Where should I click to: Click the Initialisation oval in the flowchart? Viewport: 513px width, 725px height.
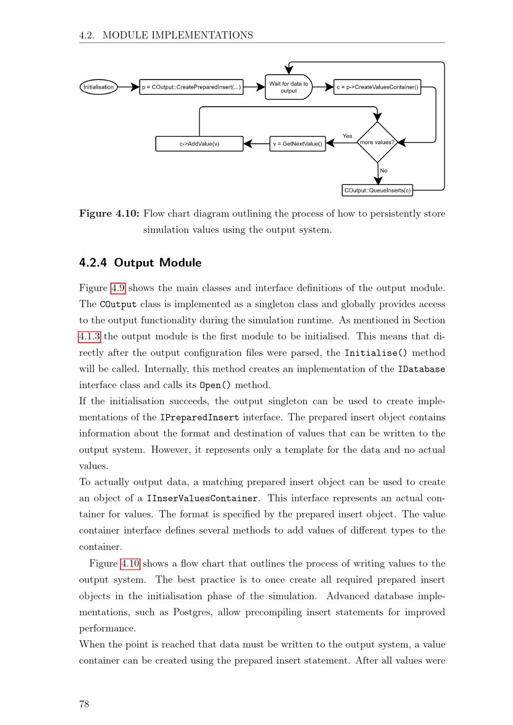click(x=98, y=87)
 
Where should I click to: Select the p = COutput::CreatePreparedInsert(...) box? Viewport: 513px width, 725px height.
click(x=191, y=87)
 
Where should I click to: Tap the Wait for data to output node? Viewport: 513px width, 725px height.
click(x=288, y=87)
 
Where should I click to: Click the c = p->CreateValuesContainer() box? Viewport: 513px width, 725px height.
click(x=377, y=87)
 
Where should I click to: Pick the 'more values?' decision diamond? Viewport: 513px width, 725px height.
click(x=378, y=143)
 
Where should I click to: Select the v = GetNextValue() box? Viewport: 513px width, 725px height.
click(x=298, y=144)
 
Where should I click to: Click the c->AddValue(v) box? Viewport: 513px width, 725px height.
click(x=199, y=144)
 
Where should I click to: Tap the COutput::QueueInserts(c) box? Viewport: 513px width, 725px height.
click(x=377, y=190)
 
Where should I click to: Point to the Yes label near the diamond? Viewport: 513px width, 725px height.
click(x=347, y=136)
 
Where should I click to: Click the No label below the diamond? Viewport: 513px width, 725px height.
click(x=384, y=171)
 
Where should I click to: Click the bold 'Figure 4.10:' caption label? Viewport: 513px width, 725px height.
click(x=109, y=214)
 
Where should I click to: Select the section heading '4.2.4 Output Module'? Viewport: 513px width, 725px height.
click(x=140, y=263)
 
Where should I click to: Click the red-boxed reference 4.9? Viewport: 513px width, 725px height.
click(x=118, y=288)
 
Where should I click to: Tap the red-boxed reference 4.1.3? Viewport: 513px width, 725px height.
click(x=90, y=337)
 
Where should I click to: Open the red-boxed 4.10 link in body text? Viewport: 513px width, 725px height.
click(x=130, y=564)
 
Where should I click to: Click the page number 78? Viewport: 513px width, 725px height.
click(x=84, y=704)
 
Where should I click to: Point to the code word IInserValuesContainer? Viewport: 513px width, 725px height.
click(x=202, y=498)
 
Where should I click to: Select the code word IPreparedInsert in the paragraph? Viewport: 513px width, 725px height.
click(x=200, y=418)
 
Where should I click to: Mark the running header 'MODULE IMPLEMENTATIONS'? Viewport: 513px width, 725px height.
click(x=177, y=35)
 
